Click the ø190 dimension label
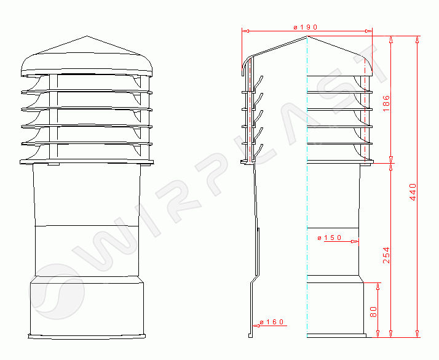pos(305,27)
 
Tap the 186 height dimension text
pos(386,103)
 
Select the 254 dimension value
pos(386,255)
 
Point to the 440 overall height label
pos(413,192)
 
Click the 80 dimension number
pos(373,311)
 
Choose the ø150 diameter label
pos(330,238)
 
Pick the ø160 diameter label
pos(272,322)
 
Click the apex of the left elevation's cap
pos(87,36)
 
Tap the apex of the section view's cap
pos(307,36)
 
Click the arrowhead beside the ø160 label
pos(255,326)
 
